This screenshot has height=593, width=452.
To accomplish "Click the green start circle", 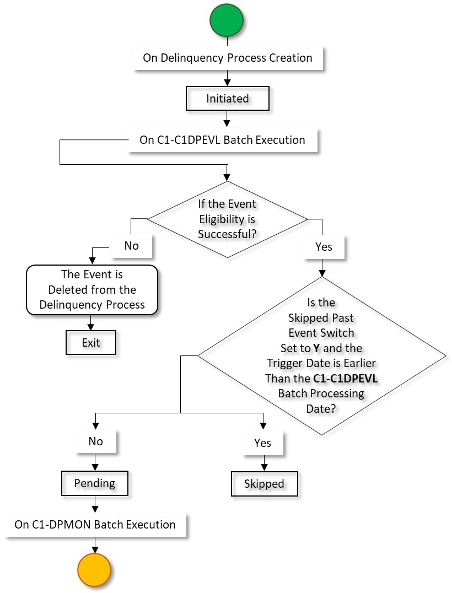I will pos(226,20).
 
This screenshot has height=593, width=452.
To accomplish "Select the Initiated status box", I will pos(227,99).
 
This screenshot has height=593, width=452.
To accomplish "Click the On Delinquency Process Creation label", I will pos(227,58).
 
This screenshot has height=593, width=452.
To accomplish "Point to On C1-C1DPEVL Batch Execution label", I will pos(222,140).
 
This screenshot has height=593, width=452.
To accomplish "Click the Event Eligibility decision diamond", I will pos(227,219).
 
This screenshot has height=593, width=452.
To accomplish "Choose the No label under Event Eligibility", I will pos(131,246).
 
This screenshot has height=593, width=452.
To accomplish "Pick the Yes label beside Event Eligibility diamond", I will pos(324,246).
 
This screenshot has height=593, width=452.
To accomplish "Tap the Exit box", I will pos(91,343).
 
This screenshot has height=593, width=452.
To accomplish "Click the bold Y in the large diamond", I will pos(316,348).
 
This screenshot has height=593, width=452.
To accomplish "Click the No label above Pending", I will pos(95,441).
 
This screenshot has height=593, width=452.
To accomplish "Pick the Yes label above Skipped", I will pos(263,443).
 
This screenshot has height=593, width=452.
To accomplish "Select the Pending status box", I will pos(95,483).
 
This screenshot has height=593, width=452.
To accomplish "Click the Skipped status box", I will pos(263,484).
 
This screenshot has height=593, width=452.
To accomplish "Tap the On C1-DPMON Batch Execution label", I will pos(95,525).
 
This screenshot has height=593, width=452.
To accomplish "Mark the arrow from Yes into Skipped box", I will pos(263,463).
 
